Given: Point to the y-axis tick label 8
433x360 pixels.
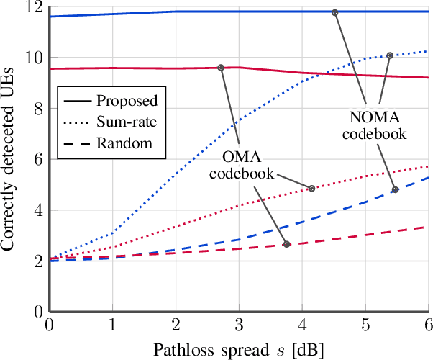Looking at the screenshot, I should click(37, 109).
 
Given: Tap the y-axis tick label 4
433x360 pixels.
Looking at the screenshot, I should click(37, 210).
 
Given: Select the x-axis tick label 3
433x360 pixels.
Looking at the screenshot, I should click(238, 324).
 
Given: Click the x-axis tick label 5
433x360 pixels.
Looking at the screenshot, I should click(365, 324).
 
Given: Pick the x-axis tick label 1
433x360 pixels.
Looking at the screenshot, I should click(111, 324).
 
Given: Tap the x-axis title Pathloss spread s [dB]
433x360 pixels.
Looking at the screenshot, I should click(238, 348).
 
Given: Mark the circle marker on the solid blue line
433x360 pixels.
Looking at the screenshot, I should click(334, 12).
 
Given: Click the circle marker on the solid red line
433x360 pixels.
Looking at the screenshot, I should click(221, 68).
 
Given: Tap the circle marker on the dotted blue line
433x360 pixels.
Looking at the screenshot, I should click(390, 55).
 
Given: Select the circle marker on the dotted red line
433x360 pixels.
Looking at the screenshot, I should click(311, 189).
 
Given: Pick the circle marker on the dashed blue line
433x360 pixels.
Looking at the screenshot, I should click(395, 190).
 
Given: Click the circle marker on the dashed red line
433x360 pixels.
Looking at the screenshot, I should click(286, 244).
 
